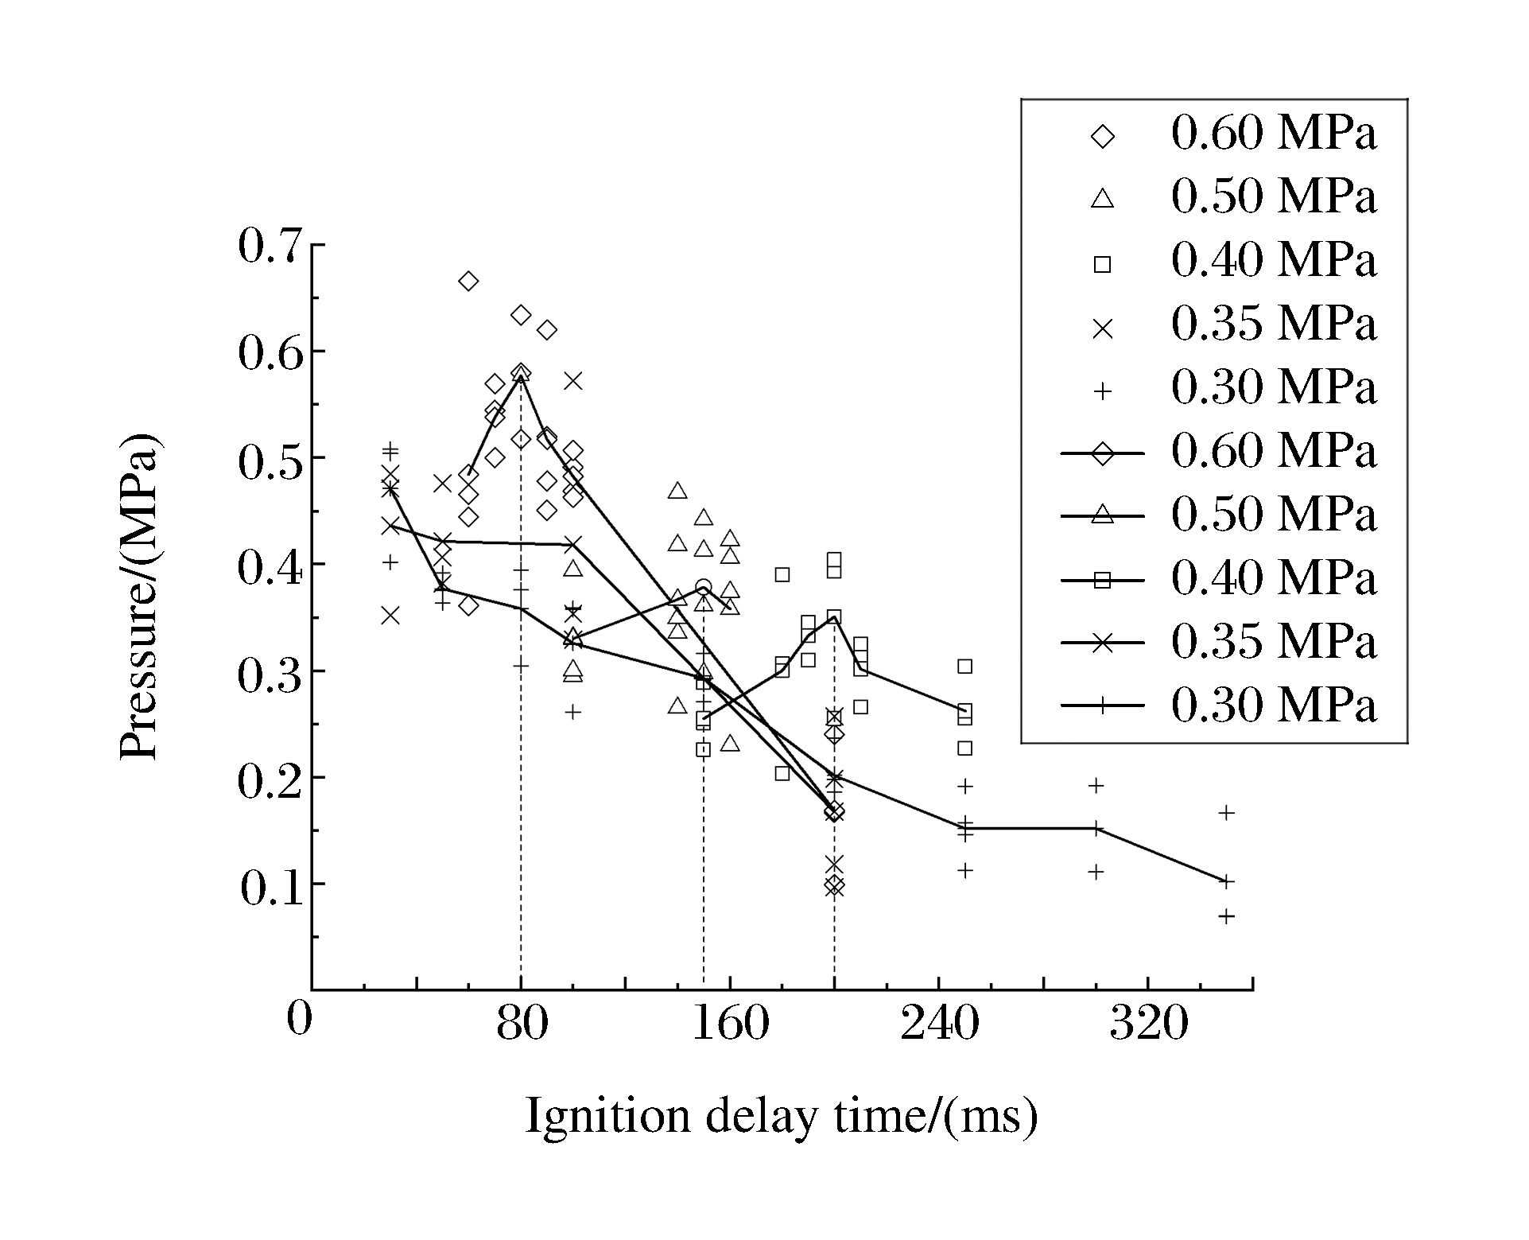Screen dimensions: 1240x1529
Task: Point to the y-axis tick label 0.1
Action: [271, 890]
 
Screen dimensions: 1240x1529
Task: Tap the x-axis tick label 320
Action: [1148, 1023]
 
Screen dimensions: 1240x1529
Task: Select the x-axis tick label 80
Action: [522, 1023]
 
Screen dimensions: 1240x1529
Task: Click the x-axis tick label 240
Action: [939, 1023]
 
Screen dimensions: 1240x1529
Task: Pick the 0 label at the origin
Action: [299, 1019]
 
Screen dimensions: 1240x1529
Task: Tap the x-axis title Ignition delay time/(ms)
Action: [781, 1117]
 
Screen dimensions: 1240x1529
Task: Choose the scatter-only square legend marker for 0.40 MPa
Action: [1102, 263]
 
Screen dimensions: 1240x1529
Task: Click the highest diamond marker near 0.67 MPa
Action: [468, 281]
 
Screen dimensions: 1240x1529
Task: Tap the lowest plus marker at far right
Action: [1226, 916]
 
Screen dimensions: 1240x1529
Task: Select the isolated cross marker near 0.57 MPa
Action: [573, 381]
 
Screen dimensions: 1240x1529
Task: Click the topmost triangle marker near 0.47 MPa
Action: [677, 491]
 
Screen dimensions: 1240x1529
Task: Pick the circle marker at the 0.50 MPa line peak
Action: [703, 588]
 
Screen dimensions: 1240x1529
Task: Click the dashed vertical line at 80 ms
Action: [521, 716]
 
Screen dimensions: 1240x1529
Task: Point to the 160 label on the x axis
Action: [730, 1023]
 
